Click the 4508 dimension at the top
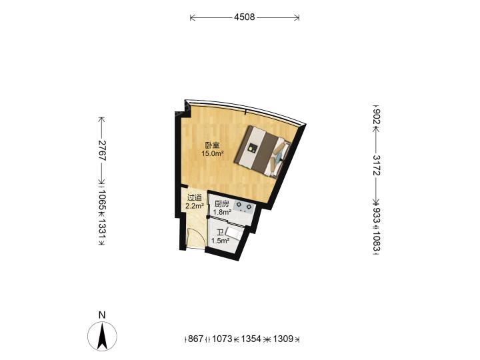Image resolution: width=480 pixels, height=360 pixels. (x=244, y=17)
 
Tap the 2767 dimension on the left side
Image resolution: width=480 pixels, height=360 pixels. (x=102, y=151)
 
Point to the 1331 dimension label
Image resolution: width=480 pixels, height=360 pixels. (x=102, y=228)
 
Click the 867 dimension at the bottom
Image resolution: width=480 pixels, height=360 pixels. (x=195, y=339)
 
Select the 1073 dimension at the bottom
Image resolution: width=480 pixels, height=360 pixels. (x=222, y=339)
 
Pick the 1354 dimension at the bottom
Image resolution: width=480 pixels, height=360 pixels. (x=251, y=339)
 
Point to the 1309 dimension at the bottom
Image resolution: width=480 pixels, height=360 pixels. (x=283, y=339)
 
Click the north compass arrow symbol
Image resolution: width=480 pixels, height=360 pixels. (x=102, y=337)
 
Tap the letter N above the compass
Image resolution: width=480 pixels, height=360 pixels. (x=102, y=315)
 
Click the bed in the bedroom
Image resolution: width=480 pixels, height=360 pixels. (x=263, y=152)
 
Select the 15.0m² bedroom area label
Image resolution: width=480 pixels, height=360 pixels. (x=212, y=154)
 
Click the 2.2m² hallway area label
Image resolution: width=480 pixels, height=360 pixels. (x=195, y=206)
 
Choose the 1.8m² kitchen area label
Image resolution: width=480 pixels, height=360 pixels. (x=222, y=212)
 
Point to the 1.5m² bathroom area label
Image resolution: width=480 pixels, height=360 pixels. (x=221, y=241)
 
